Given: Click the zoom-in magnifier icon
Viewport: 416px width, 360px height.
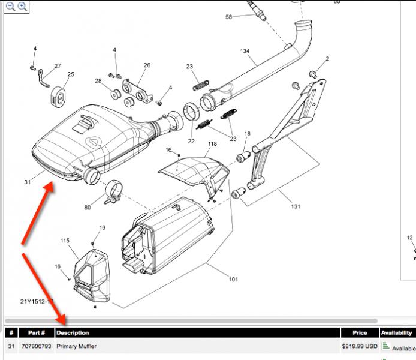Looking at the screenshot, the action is [23, 7].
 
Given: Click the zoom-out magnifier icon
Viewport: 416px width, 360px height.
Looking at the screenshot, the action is [11, 7].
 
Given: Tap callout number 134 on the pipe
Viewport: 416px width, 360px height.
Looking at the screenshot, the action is [245, 51].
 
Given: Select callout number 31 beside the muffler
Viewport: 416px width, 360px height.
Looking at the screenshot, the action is [28, 182].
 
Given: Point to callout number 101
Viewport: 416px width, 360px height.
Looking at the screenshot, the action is [233, 279].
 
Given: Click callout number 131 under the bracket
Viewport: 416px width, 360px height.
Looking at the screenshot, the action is [296, 206].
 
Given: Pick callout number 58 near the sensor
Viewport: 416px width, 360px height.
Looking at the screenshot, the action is [228, 17].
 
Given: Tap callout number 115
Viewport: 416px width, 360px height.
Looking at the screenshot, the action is [65, 241].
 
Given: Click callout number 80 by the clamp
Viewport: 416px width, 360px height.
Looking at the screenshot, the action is [88, 208].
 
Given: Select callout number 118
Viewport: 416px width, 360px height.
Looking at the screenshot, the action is [212, 143].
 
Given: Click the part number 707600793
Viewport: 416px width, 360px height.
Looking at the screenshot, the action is [36, 346].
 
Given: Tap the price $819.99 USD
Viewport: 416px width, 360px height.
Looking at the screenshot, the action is [360, 346].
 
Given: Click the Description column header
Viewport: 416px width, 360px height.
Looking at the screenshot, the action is [73, 332].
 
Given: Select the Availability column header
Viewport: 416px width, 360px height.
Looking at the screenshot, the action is [396, 332].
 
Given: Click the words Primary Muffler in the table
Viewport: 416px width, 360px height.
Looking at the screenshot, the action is [76, 346].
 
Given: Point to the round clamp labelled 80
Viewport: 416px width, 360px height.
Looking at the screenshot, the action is [113, 191].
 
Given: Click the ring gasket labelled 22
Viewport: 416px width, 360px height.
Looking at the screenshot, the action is [191, 112].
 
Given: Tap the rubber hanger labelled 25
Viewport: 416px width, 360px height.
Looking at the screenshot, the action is [58, 97].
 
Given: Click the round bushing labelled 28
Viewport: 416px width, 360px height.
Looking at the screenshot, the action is [116, 94].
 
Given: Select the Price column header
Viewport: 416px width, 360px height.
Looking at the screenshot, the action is [360, 332].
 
